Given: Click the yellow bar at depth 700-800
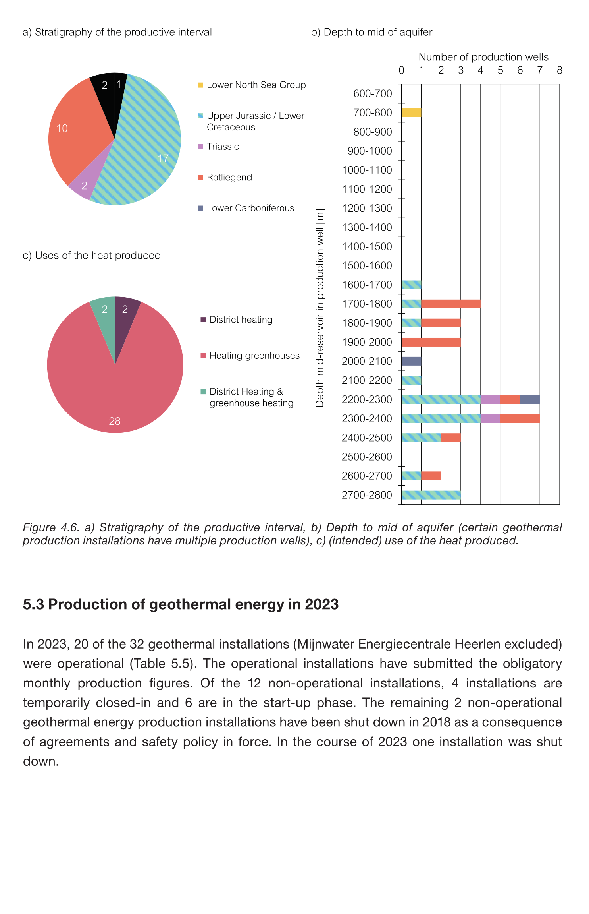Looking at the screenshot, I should coord(411,112).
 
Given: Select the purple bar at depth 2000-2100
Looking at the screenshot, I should coord(411,361).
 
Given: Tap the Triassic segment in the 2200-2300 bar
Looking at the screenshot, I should coord(490,399).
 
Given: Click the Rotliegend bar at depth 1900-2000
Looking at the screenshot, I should coord(431,342).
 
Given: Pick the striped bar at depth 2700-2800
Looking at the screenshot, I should coord(431,495).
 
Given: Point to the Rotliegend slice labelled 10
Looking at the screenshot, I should coord(75,131).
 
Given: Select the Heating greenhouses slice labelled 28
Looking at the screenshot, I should coord(115,389).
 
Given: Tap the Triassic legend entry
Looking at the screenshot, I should coord(223,147).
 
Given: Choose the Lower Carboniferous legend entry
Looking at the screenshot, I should coord(250,208).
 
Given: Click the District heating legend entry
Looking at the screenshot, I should coord(241,320).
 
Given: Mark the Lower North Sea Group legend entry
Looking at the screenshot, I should coord(256,85).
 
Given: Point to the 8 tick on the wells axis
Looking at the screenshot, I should coord(560,70).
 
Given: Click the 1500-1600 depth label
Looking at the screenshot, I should coord(367,265).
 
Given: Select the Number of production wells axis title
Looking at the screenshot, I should coord(483,57).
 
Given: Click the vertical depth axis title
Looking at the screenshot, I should coord(320,308).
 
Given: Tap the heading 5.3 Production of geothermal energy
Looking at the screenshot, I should coord(181,604).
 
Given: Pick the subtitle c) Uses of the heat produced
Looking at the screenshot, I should coord(92,255).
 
